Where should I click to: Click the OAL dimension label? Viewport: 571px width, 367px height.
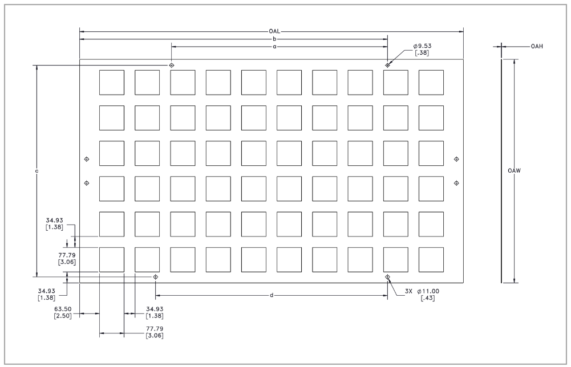(x=275, y=32)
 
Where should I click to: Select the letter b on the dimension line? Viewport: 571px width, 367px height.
(x=274, y=39)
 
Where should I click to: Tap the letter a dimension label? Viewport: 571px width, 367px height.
(x=274, y=47)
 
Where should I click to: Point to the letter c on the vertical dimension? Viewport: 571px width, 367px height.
(x=37, y=170)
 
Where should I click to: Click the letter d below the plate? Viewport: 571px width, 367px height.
(x=272, y=295)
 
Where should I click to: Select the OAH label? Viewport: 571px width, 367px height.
(x=537, y=46)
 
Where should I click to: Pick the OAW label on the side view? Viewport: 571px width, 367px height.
(x=514, y=170)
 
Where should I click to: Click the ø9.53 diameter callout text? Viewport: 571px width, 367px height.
(x=423, y=46)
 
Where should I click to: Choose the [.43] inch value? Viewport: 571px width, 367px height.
(x=427, y=298)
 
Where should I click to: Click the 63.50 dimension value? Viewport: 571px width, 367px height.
(x=63, y=309)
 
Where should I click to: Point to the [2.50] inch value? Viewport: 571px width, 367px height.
(x=63, y=316)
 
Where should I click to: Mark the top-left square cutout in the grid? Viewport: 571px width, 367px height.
(x=112, y=83)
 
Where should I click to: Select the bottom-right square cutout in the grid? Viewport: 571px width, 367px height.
(x=431, y=260)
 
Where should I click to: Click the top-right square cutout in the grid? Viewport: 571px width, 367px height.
(x=431, y=83)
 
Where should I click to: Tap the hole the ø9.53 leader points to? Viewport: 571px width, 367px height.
(x=387, y=65)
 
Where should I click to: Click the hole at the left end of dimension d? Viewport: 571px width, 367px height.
(x=156, y=277)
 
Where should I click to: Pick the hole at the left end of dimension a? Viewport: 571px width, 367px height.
(x=172, y=65)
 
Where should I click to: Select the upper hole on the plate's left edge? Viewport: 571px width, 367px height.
(x=86, y=159)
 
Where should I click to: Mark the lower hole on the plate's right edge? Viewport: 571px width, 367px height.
(x=456, y=183)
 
